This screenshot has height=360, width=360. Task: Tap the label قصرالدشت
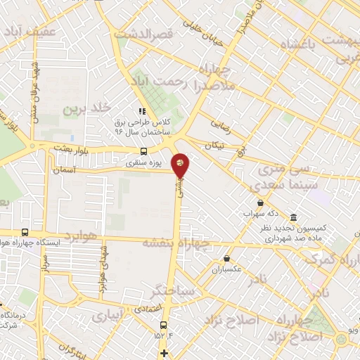pyautogui.click(x=152, y=33)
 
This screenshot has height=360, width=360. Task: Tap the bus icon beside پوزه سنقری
pyautogui.click(x=144, y=151)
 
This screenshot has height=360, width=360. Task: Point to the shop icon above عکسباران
pyautogui.click(x=226, y=259)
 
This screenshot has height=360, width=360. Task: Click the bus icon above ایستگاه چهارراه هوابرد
pyautogui.click(x=25, y=233)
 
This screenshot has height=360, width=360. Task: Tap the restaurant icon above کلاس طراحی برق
pyautogui.click(x=141, y=110)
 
